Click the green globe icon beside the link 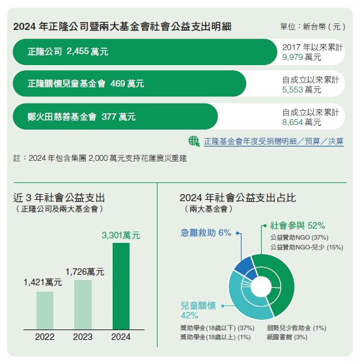[194, 141]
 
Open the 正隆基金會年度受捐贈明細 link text [250, 141]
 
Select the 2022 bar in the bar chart [45, 311]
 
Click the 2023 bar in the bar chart [83, 305]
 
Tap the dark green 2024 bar [121, 287]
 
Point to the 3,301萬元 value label [121, 235]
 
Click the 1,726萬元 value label [85, 272]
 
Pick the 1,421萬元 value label [43, 283]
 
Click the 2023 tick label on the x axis [83, 337]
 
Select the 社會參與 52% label [298, 225]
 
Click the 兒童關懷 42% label [198, 311]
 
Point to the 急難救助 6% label [206, 232]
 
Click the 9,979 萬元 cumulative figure [301, 57]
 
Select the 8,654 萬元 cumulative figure [301, 122]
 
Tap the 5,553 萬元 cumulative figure [301, 90]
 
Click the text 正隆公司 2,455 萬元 [68, 51]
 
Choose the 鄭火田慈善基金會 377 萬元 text [81, 117]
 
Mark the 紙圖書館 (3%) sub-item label [287, 337]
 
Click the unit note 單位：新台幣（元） [312, 27]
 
